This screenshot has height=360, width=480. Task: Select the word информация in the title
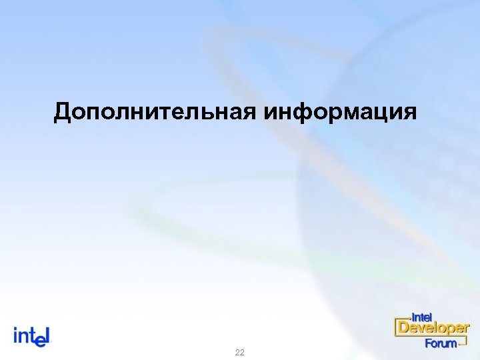click(341, 112)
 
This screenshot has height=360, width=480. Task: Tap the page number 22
click(240, 352)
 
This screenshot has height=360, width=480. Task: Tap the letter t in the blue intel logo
click(31, 335)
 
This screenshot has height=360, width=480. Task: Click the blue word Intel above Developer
click(422, 316)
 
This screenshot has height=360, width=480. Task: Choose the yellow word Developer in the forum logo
click(434, 329)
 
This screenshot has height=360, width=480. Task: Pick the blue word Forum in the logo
click(441, 343)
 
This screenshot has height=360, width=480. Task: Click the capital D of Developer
click(403, 328)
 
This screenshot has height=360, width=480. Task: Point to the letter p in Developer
click(449, 330)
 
